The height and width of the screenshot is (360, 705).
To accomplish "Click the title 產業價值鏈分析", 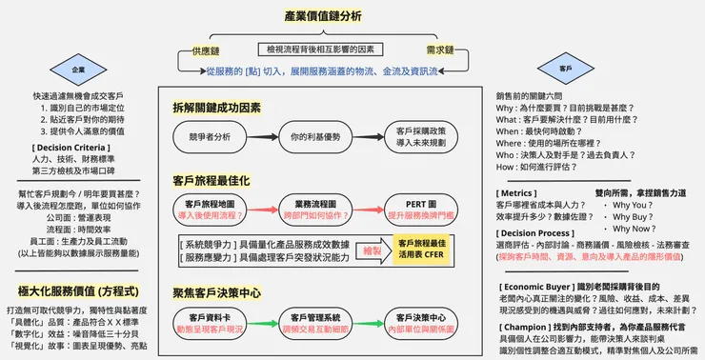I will click(x=322, y=16).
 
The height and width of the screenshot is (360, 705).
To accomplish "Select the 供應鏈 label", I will click(x=207, y=49).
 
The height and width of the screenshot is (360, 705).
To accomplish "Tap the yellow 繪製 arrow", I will click(x=363, y=250).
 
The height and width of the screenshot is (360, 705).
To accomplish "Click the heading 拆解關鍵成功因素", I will click(x=216, y=107).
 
